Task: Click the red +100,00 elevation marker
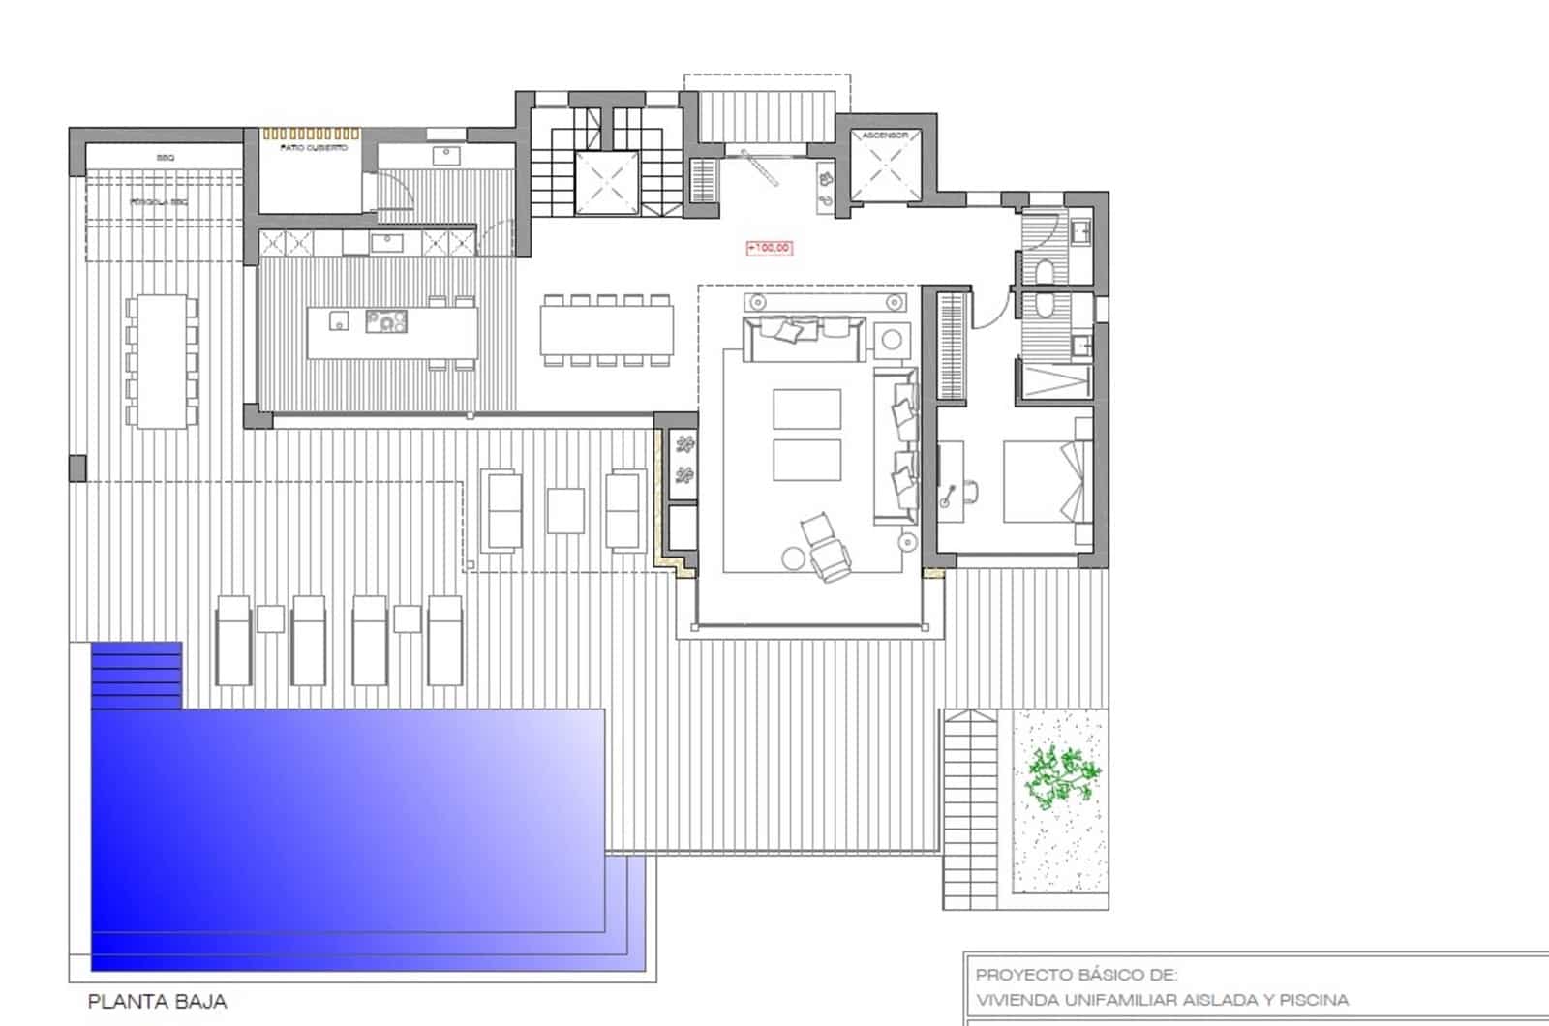pos(770,249)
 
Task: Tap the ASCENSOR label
pos(885,136)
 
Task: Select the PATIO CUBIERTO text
pos(307,148)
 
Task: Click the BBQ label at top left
pos(164,157)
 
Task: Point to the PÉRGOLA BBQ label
pos(159,202)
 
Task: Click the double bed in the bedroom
pos(1046,481)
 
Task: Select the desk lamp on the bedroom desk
pos(947,499)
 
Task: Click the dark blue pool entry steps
pos(137,675)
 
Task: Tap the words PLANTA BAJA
pos(157,1002)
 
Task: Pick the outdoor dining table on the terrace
pos(161,361)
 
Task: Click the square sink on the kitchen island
pos(337,320)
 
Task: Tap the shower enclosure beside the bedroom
pos(1054,378)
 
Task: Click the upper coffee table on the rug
pos(806,408)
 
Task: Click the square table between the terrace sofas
pos(565,511)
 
